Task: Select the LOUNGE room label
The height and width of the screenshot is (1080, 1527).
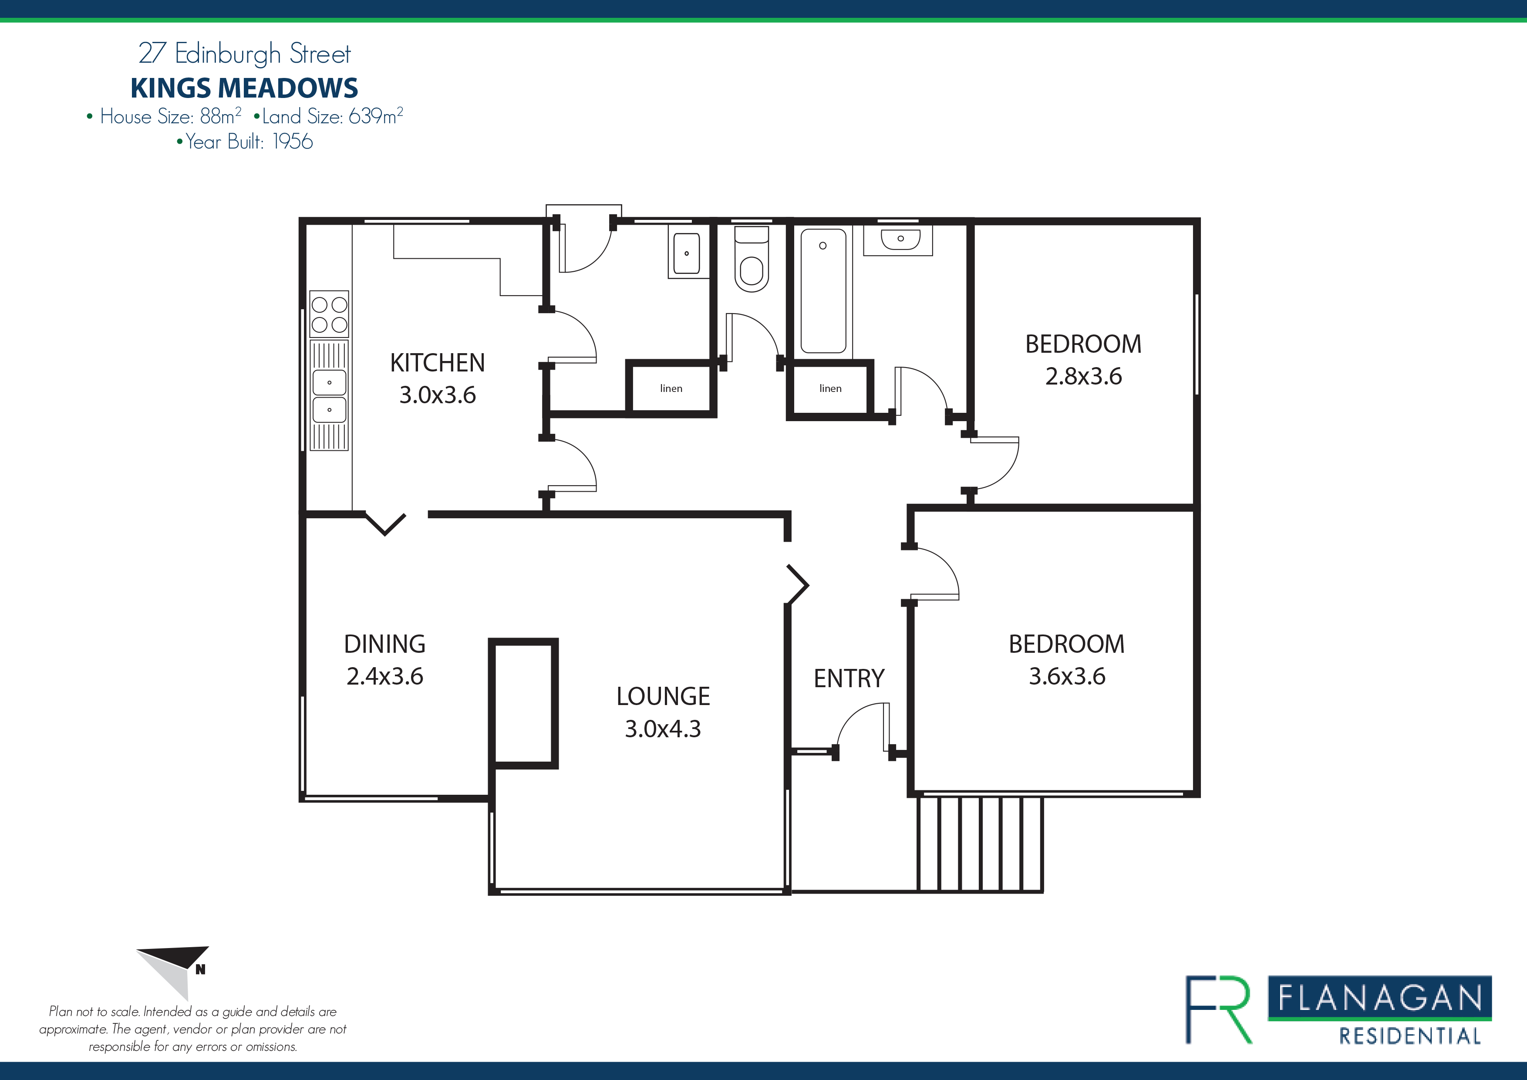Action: point(663,696)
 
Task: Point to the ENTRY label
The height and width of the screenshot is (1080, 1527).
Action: point(849,678)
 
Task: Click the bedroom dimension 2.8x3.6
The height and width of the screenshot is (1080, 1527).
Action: point(1083,376)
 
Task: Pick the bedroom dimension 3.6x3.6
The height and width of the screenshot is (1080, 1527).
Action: point(1067,676)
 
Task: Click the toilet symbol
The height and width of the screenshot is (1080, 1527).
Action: point(752,260)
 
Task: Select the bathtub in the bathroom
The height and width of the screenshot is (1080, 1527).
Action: point(823,290)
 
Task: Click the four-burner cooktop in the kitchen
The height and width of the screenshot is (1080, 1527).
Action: point(329,314)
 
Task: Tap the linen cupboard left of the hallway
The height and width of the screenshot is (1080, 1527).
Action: point(671,388)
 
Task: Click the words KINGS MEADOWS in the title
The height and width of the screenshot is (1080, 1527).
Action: point(244,88)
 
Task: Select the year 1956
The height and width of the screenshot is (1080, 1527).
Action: point(293,142)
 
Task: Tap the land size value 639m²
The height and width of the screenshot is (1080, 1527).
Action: point(376,116)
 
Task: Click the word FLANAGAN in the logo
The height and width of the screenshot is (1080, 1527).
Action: point(1379,998)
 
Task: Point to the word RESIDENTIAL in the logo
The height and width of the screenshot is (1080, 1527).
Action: point(1409,1036)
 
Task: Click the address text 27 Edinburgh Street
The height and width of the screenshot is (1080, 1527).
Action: point(244,53)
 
